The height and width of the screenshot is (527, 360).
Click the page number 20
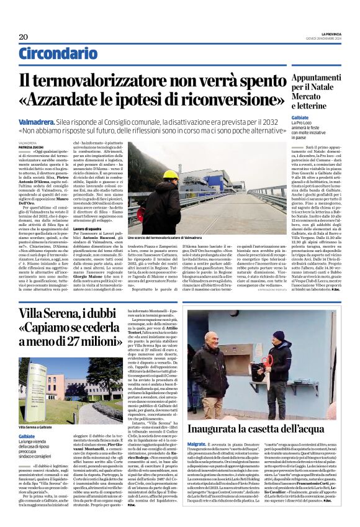click(x=23, y=37)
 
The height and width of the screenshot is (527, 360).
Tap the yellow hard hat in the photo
click(x=153, y=175)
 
